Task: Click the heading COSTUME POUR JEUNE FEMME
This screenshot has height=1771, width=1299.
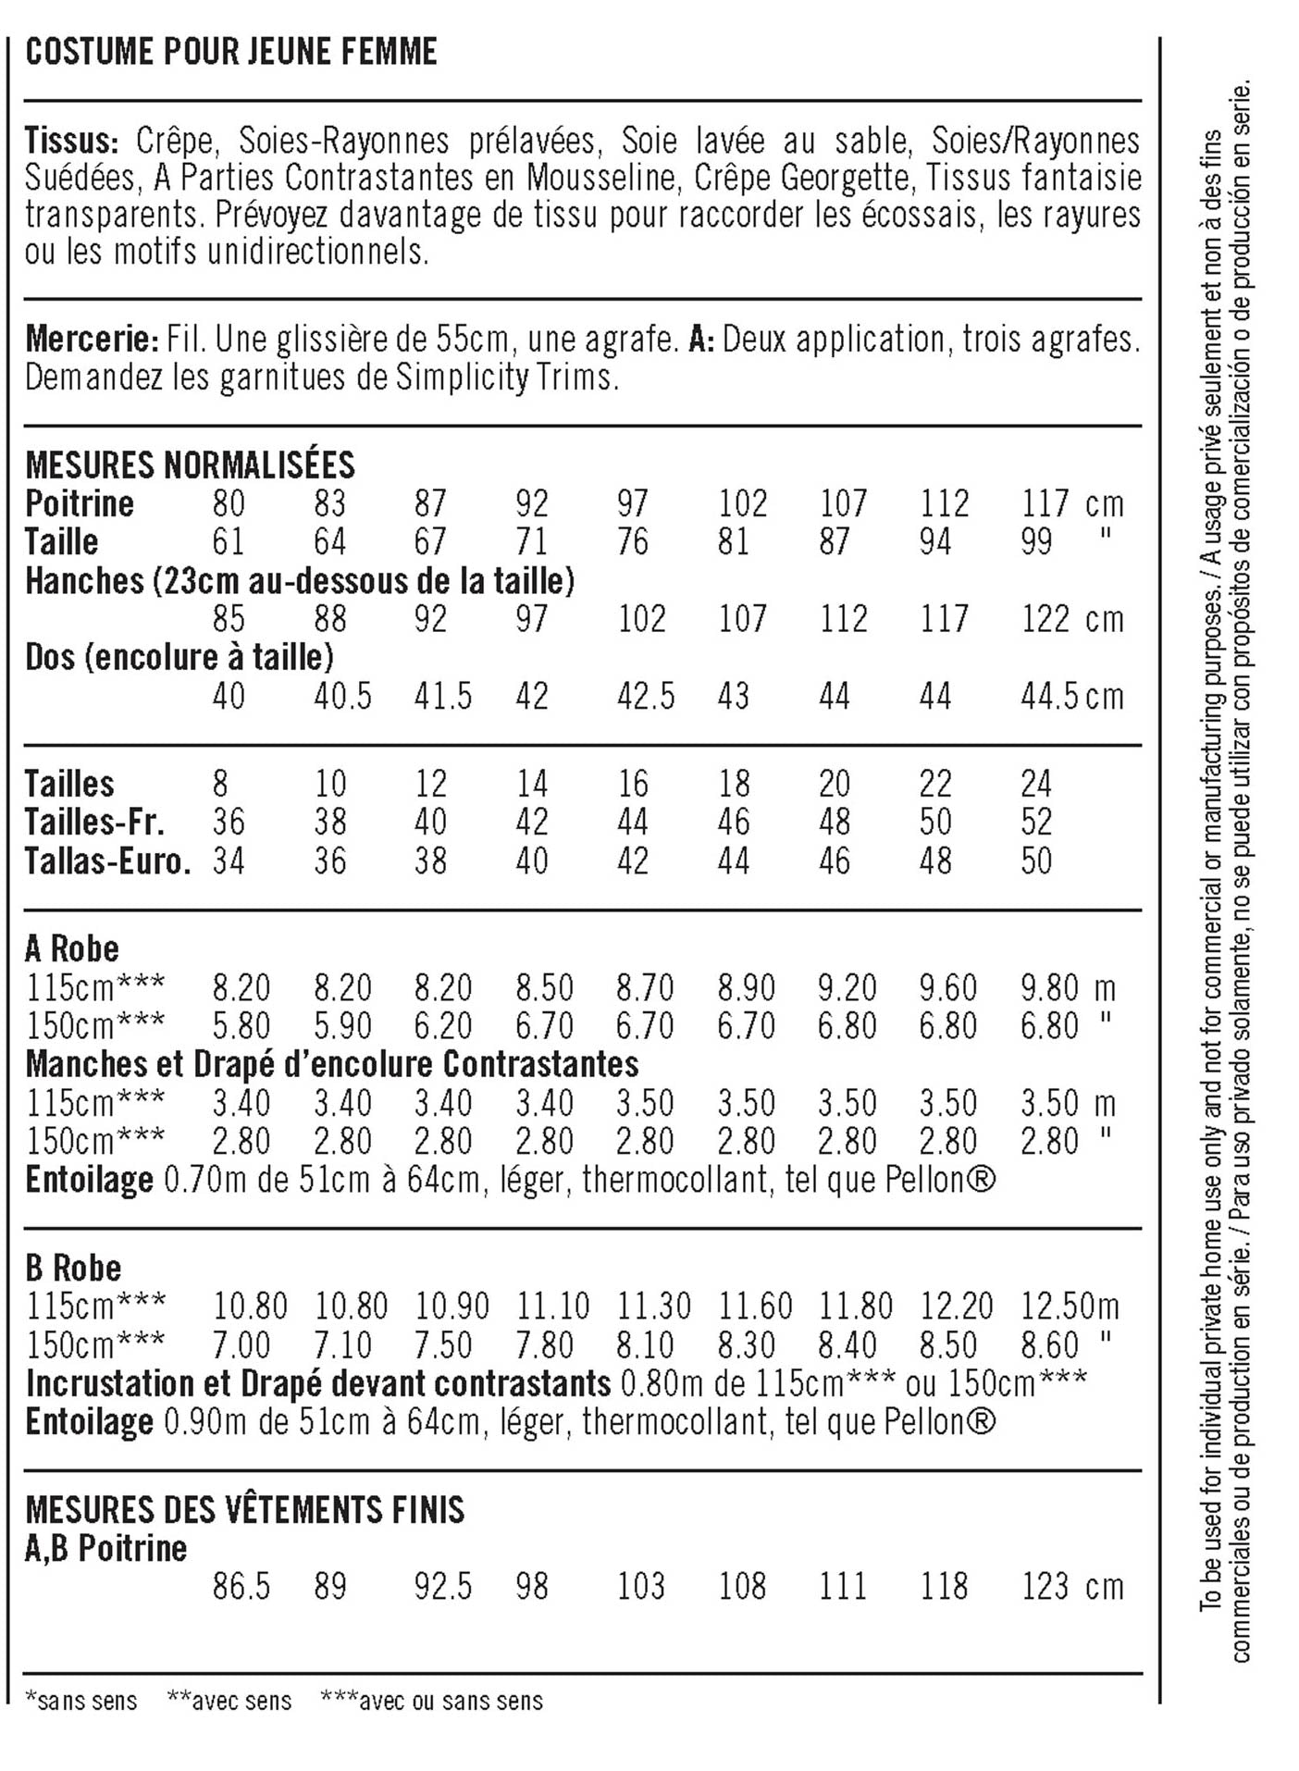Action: (x=231, y=53)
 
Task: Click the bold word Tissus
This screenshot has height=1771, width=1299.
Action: (x=70, y=141)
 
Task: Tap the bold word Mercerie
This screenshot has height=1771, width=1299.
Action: (x=92, y=340)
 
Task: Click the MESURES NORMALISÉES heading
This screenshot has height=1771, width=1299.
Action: (x=190, y=464)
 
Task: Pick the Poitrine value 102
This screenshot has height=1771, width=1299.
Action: (x=743, y=504)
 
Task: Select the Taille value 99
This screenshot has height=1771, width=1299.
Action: (x=1036, y=542)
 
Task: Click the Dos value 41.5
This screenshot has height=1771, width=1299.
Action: (x=442, y=696)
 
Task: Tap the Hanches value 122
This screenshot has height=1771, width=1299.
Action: (x=1045, y=619)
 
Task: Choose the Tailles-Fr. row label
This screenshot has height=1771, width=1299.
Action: (x=94, y=823)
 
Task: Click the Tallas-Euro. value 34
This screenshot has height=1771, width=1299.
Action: (x=229, y=861)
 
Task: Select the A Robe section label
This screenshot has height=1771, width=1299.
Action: (x=72, y=948)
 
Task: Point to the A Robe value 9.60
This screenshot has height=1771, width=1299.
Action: (x=947, y=988)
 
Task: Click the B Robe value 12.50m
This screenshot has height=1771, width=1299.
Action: (x=1070, y=1307)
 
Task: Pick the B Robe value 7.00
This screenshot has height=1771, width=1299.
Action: (x=241, y=1345)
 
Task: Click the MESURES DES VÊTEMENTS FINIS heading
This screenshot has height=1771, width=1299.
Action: (x=244, y=1510)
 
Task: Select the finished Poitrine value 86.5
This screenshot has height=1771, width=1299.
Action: (x=241, y=1587)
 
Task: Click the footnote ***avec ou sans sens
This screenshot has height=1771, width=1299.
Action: (x=431, y=1701)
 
